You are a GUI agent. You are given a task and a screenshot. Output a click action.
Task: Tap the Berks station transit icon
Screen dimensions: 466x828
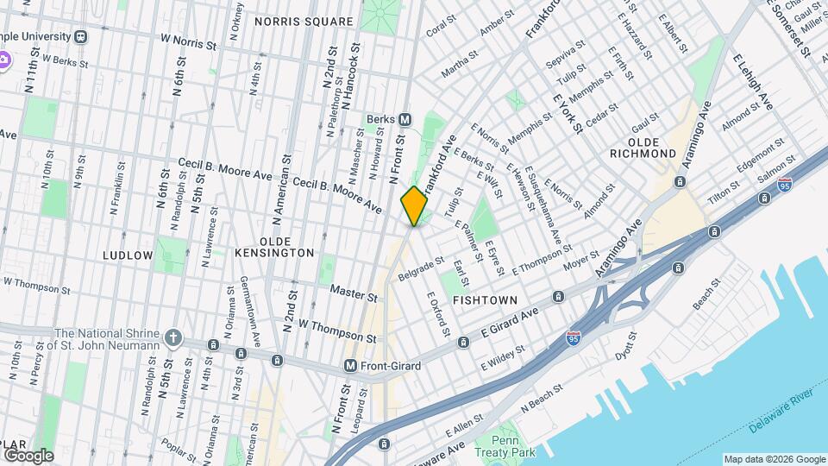[x=405, y=119]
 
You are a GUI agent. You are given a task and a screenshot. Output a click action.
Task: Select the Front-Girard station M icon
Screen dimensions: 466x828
[x=350, y=366]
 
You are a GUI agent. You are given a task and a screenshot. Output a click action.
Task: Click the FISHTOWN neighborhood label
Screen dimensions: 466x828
[x=485, y=300]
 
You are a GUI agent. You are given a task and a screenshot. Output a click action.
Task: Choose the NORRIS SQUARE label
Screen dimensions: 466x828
[x=292, y=22]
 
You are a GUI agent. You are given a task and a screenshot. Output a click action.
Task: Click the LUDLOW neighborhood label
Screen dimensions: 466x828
[x=128, y=255]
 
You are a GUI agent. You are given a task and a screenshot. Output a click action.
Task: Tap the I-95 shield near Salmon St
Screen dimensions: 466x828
[x=784, y=186]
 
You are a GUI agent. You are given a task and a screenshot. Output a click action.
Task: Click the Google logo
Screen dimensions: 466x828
[x=28, y=456]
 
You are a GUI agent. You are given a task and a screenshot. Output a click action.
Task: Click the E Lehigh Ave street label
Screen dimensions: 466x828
[x=752, y=82]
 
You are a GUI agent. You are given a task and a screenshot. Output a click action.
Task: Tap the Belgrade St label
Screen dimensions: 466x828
[x=421, y=269]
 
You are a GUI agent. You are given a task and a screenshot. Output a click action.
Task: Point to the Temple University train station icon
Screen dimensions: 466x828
[x=80, y=37]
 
